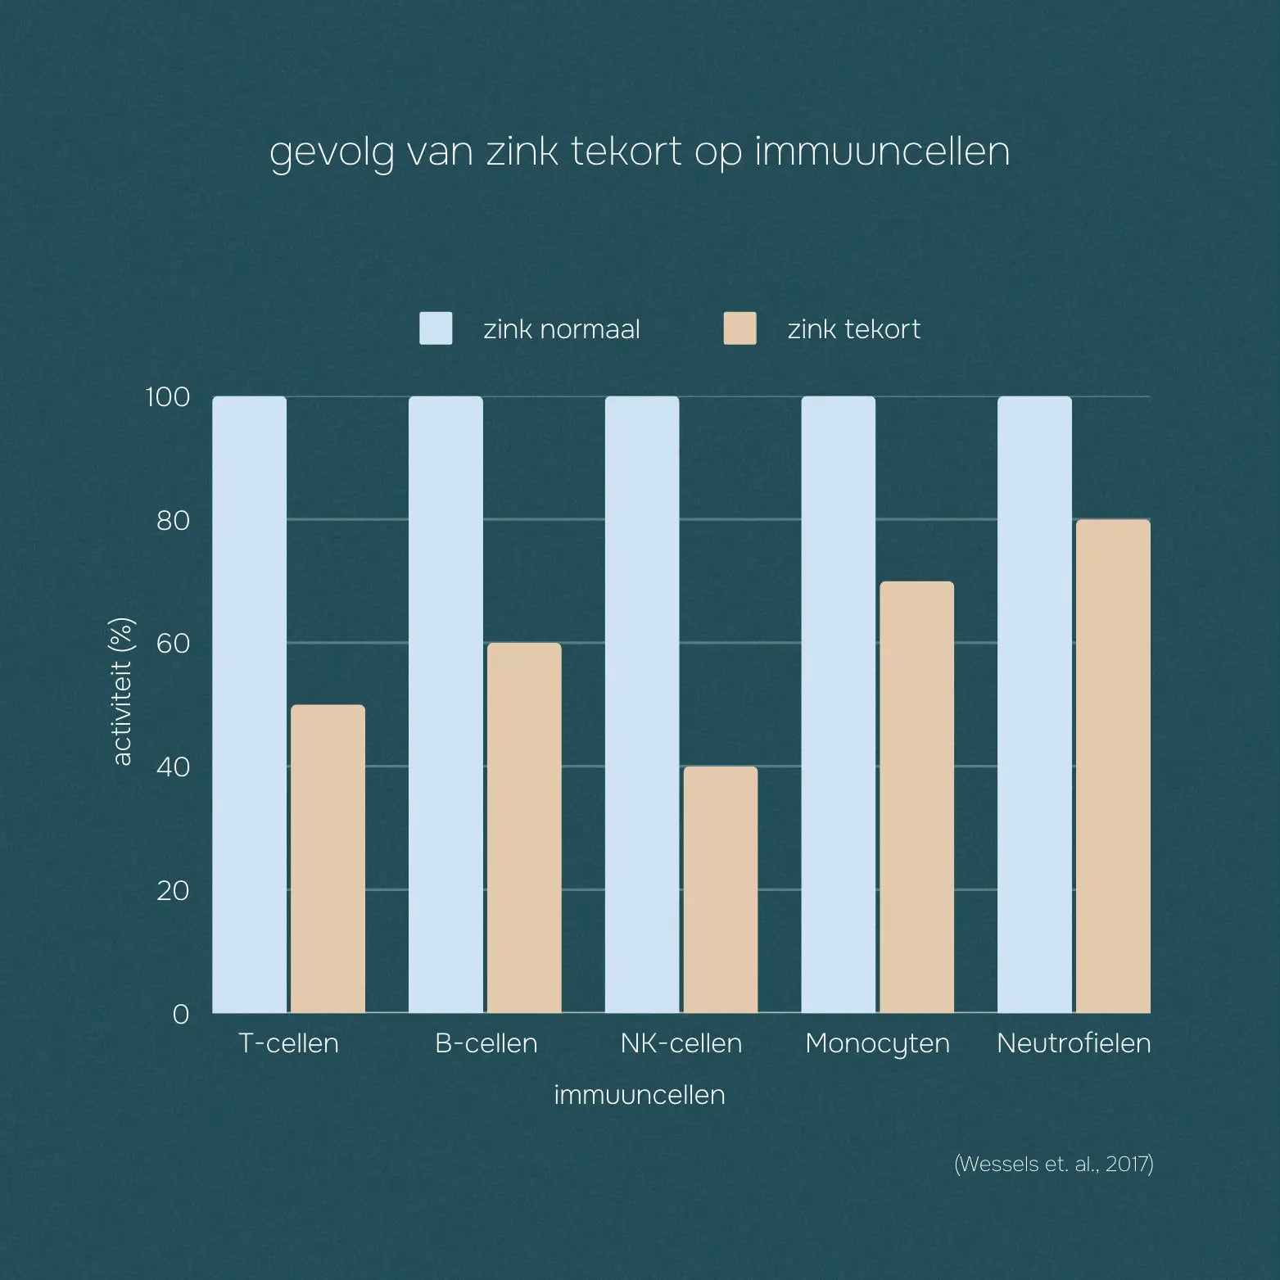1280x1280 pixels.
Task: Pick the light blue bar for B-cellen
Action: (x=446, y=704)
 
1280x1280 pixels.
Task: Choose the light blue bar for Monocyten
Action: (x=838, y=704)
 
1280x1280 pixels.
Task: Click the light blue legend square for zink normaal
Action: (x=436, y=328)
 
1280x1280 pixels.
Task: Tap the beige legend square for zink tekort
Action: (x=740, y=328)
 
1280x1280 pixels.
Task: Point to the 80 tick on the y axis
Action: (x=173, y=520)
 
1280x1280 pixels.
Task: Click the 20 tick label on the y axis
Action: (x=173, y=890)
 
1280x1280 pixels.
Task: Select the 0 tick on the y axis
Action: (x=180, y=1014)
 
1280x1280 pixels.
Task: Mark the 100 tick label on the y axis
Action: (x=167, y=397)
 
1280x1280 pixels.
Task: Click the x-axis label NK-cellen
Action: (x=681, y=1043)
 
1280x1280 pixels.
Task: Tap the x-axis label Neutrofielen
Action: (x=1074, y=1043)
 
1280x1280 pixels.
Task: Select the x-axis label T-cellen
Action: (x=288, y=1043)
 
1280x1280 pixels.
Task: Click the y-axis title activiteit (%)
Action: (x=122, y=692)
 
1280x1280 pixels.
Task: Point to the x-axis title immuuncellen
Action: (x=640, y=1095)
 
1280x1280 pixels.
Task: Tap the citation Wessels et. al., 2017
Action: (x=1053, y=1164)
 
